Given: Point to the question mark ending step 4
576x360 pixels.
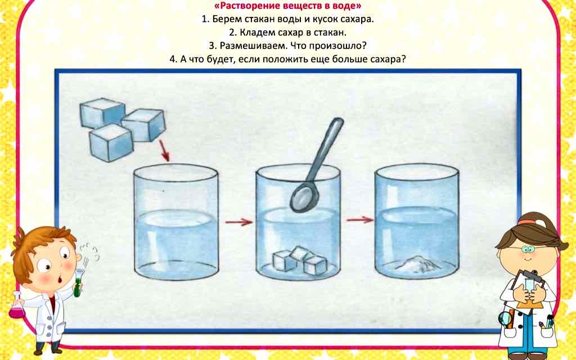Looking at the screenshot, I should [403, 60].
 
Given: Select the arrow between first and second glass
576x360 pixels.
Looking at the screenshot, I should [238, 222].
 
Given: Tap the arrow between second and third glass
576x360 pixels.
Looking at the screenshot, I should [359, 219].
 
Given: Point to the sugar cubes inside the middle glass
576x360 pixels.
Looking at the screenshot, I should [299, 260].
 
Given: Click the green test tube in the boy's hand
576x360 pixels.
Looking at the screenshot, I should [79, 281].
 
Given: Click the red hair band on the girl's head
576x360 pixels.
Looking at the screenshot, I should [525, 222].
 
